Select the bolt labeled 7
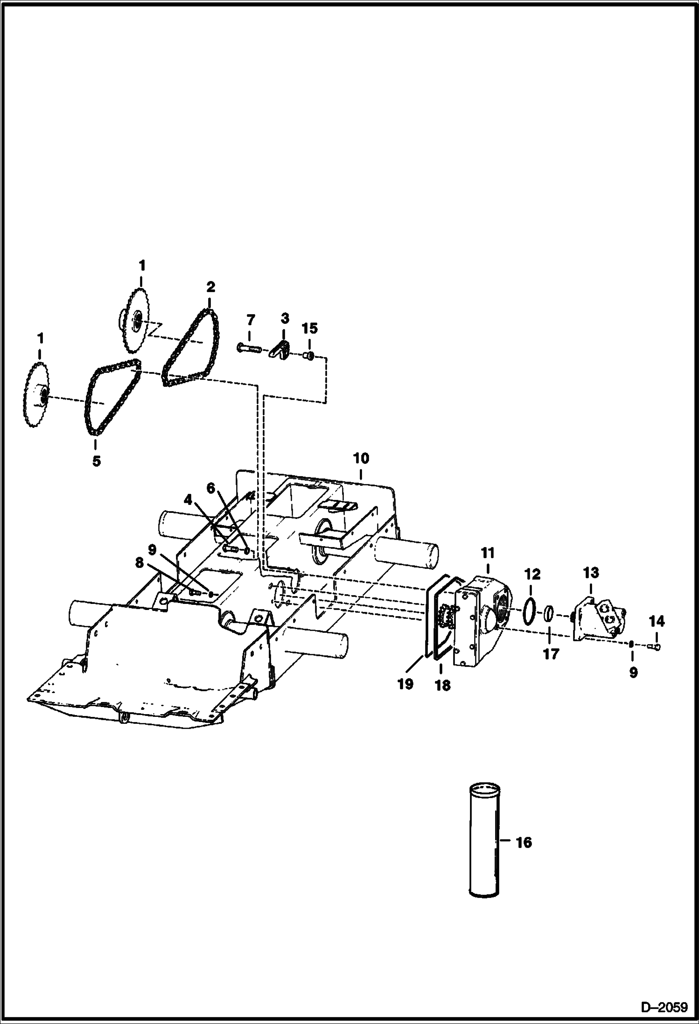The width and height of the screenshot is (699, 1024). (249, 348)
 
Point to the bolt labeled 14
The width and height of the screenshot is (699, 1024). (655, 646)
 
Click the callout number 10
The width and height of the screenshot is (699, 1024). (361, 458)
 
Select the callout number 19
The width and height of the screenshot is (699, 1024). (405, 684)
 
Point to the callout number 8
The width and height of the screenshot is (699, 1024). (140, 563)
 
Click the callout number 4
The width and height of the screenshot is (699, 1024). (188, 500)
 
